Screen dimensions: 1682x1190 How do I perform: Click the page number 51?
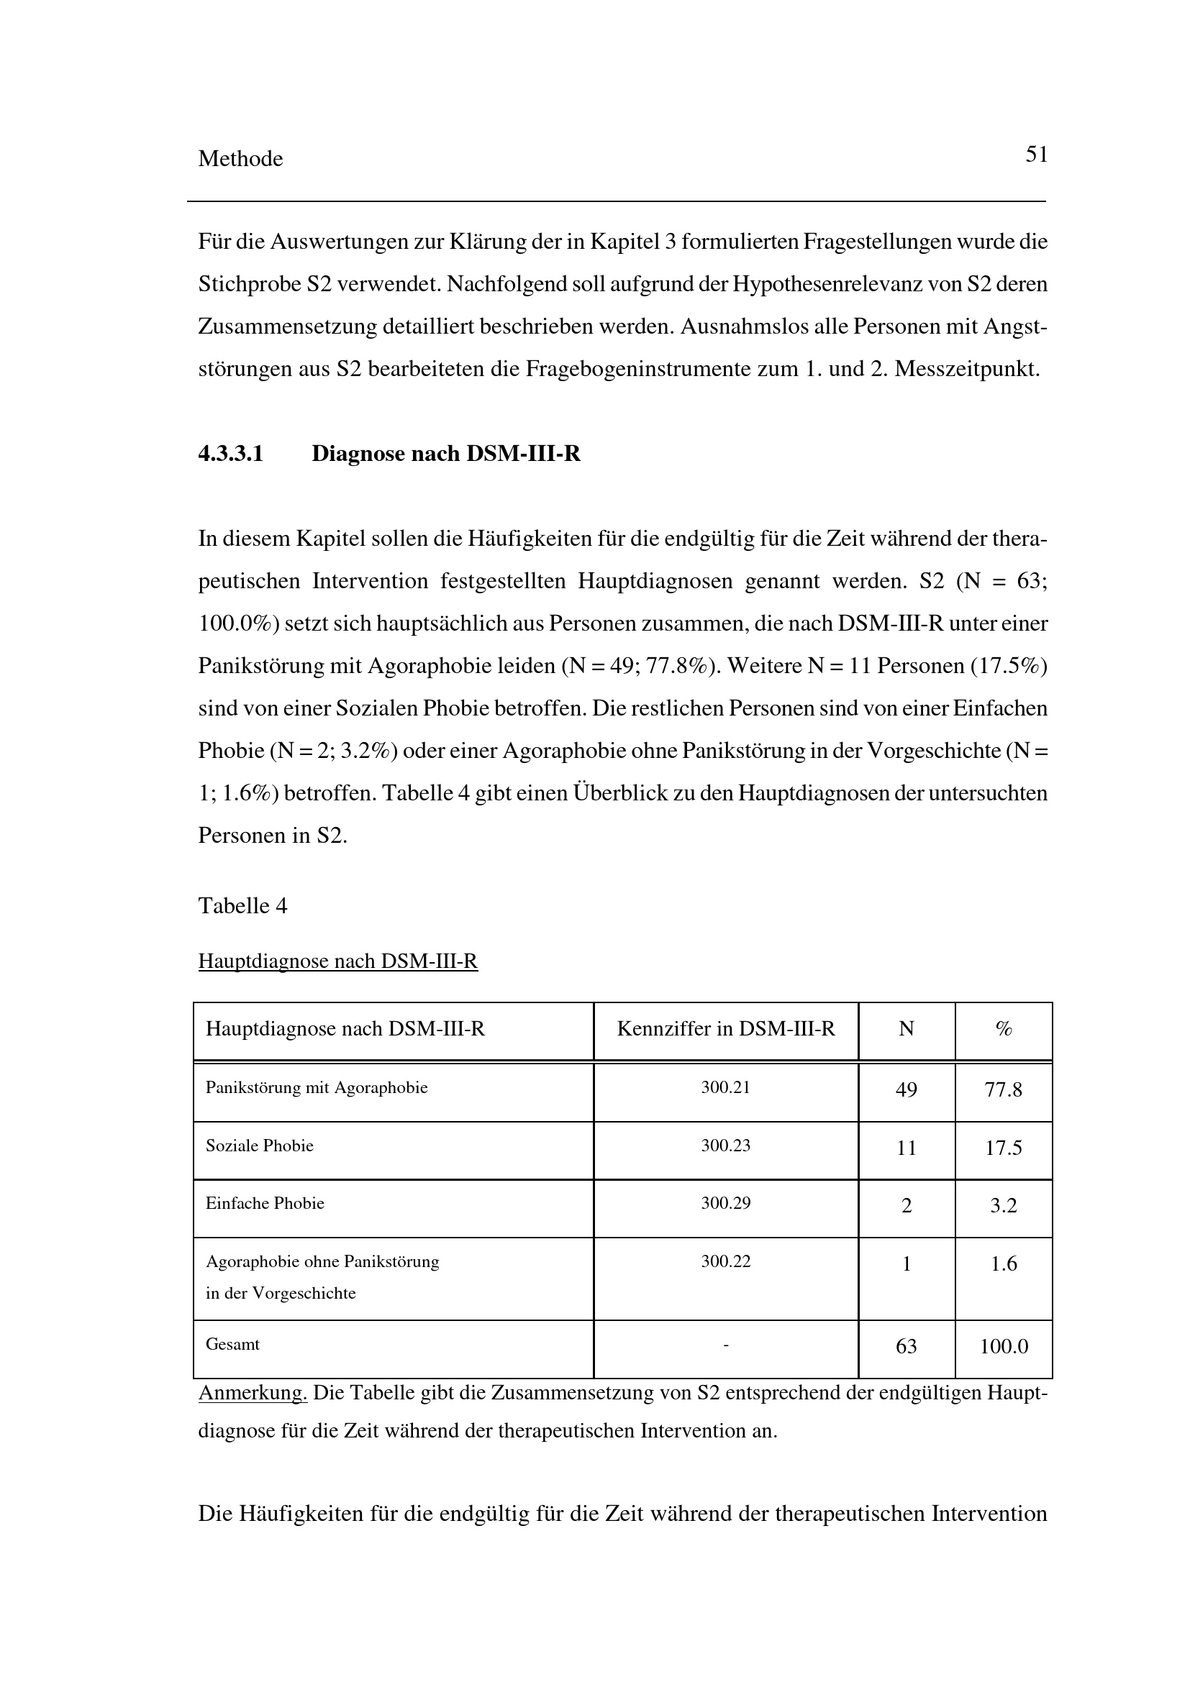[1036, 155]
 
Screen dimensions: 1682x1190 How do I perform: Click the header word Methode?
[240, 159]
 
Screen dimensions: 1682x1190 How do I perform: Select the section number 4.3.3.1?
[231, 454]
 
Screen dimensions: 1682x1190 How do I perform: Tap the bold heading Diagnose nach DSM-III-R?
[445, 454]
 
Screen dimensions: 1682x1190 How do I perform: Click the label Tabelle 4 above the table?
[242, 906]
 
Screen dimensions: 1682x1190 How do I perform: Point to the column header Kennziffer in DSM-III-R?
[725, 1029]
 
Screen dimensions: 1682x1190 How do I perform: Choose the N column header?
[907, 1029]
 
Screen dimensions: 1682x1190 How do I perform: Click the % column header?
[1003, 1029]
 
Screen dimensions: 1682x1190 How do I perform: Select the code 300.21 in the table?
[725, 1088]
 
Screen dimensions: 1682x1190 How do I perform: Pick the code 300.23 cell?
[725, 1146]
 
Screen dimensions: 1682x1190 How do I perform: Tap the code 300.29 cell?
[725, 1204]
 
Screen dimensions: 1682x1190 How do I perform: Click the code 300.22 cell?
[725, 1261]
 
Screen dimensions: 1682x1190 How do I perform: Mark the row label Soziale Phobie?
[260, 1146]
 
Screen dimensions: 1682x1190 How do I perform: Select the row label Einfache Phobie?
[265, 1204]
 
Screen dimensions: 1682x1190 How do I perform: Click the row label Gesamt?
[232, 1344]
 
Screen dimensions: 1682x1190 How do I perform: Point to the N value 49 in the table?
[907, 1090]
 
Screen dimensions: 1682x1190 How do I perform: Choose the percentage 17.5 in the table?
[1003, 1148]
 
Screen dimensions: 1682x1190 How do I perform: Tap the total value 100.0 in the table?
[1004, 1346]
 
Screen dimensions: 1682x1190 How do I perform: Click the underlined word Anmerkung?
[252, 1393]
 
